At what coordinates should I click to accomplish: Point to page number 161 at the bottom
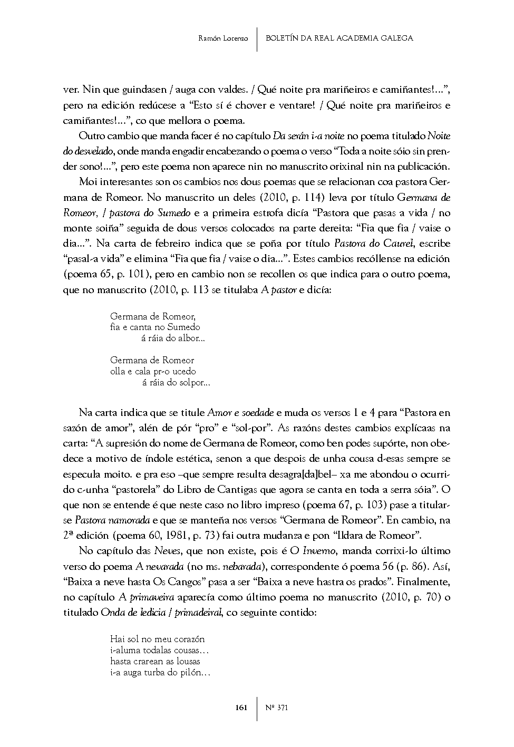[x=241, y=708]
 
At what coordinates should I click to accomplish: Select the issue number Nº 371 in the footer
[x=277, y=708]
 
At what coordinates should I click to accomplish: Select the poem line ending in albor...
[x=173, y=338]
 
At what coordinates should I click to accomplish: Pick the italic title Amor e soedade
[x=241, y=412]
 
